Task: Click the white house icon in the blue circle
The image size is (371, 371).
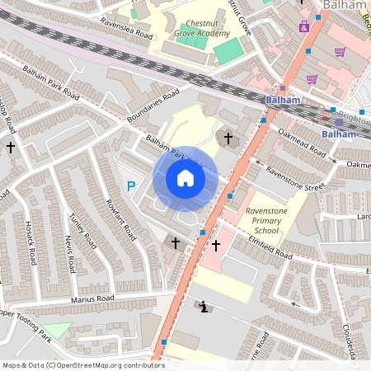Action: click(x=185, y=177)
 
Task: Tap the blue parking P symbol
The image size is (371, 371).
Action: click(x=130, y=187)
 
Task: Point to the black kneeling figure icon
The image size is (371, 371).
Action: click(x=204, y=307)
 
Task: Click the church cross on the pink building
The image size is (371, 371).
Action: click(x=216, y=246)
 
